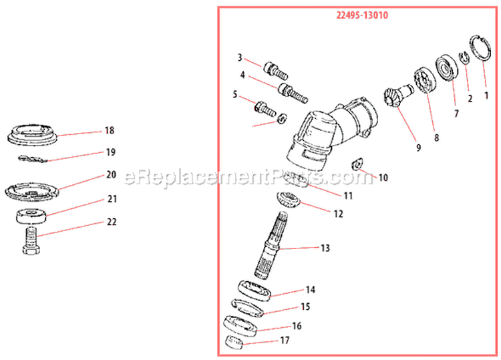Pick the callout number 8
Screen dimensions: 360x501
(x=436, y=138)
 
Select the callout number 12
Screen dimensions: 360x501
(x=339, y=214)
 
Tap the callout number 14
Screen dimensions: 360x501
(x=310, y=290)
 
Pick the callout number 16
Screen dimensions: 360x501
(x=297, y=326)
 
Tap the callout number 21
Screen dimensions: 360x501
(x=112, y=198)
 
